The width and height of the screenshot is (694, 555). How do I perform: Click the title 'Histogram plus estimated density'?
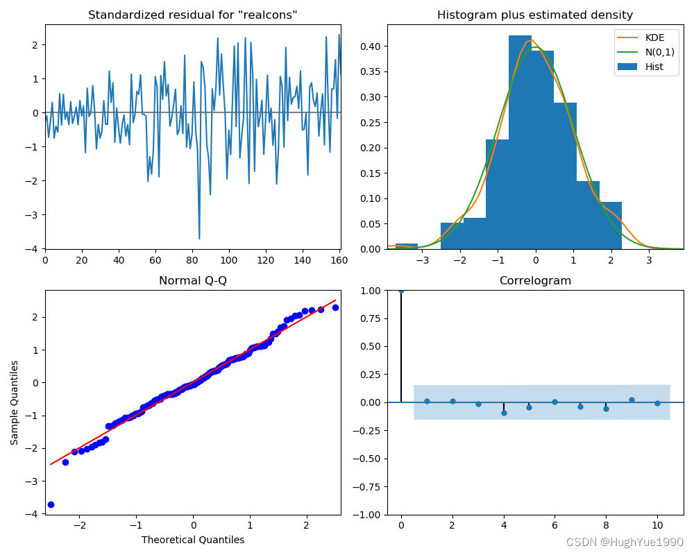534,15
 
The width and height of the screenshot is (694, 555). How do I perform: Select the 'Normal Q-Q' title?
193,281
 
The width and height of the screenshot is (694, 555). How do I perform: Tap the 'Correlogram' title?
534,281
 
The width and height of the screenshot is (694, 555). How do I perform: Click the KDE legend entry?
649,38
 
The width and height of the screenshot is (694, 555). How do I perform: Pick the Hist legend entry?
649,67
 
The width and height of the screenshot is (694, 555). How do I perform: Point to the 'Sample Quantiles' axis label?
15,402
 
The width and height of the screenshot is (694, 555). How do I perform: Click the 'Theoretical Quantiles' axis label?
193,540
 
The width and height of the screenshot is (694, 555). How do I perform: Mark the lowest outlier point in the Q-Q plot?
51,504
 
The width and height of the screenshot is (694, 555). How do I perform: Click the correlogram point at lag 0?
401,290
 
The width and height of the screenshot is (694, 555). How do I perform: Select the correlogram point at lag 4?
504,413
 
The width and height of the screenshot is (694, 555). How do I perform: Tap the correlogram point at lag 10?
657,403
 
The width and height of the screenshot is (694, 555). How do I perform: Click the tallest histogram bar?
520,139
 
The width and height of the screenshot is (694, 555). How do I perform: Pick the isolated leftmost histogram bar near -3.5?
406,246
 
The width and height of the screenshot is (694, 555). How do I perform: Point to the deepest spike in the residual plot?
199,239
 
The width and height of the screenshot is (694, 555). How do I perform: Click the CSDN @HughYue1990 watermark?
624,542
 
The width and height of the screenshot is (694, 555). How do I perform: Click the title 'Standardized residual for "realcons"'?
193,15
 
